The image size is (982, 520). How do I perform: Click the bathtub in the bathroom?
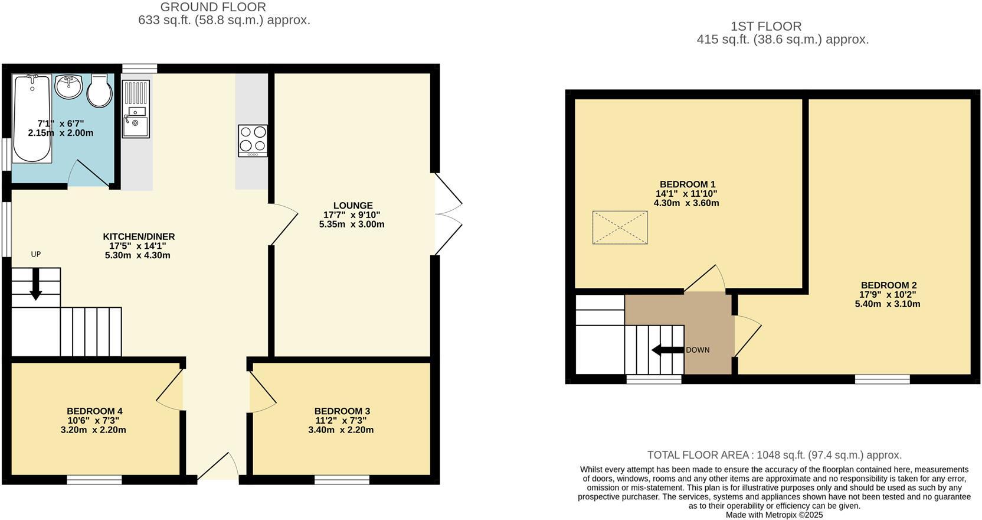click(32, 118)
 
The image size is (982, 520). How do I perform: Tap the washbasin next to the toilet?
click(69, 87)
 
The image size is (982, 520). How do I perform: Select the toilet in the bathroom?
click(99, 90)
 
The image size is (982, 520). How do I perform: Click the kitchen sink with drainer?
click(136, 109)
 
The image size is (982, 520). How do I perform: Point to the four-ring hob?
click(253, 140)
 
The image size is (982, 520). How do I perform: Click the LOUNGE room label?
click(352, 206)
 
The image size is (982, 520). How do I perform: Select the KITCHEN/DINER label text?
click(139, 236)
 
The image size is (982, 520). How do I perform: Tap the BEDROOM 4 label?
click(94, 411)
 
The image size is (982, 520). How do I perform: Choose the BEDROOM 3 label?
click(342, 411)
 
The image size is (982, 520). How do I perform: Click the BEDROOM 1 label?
click(687, 184)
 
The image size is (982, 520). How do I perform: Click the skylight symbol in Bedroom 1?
click(620, 227)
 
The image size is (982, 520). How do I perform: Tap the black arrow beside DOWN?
click(667, 350)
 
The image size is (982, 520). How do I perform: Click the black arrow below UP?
click(36, 284)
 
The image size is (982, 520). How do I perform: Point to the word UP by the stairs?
click(36, 255)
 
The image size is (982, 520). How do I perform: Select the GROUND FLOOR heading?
click(213, 8)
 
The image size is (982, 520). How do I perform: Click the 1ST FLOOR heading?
click(766, 27)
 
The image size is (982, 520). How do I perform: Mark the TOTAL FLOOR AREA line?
click(774, 455)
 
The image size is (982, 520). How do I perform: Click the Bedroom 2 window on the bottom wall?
click(882, 379)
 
